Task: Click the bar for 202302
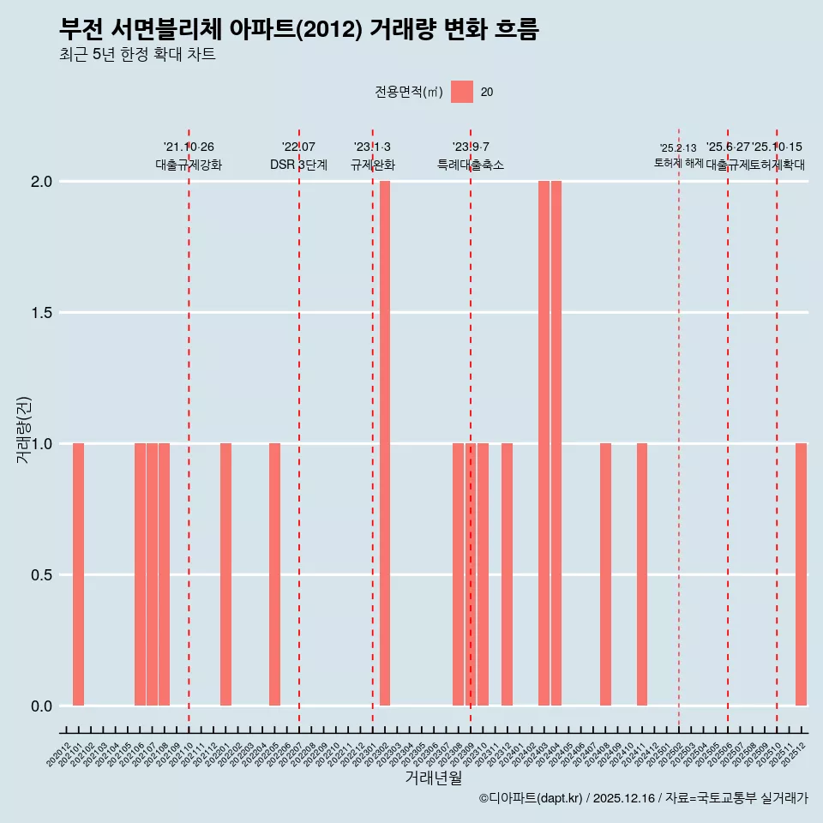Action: pos(385,443)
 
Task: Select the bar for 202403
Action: pos(544,443)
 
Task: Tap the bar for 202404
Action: pos(556,443)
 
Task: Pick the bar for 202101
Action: pos(78,574)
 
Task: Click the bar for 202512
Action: pos(801,574)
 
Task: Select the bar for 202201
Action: pos(225,574)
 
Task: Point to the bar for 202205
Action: pos(274,574)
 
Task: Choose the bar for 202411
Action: pos(642,574)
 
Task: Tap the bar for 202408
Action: pos(605,574)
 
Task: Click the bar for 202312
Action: pos(508,574)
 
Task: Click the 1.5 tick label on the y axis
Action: pos(41,313)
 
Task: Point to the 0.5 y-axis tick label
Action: pos(41,575)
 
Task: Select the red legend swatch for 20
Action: pos(462,92)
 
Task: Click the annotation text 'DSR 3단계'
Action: pos(298,165)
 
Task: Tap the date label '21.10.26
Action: pos(189,147)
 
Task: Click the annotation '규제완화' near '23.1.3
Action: pos(372,165)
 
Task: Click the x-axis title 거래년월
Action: pos(433,778)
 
